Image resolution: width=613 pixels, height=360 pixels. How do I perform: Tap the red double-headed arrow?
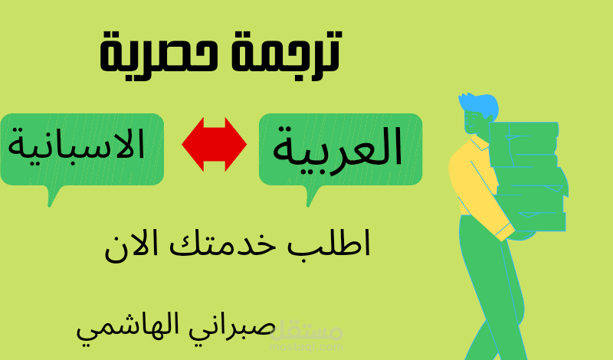click(214, 143)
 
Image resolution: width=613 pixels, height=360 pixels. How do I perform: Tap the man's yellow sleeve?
click(477, 191)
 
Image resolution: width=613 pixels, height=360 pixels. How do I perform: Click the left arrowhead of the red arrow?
click(191, 143)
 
